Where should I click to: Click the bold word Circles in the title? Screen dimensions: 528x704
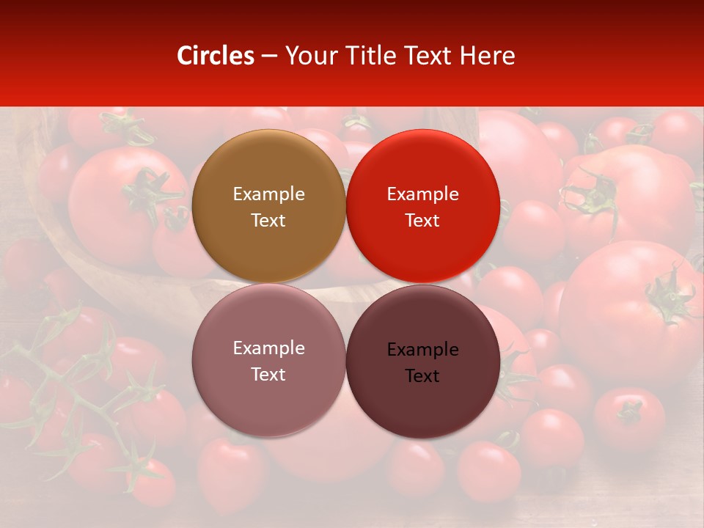coord(216,56)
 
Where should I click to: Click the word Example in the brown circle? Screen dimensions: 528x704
coord(268,194)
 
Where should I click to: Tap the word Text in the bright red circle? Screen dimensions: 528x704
coord(422,221)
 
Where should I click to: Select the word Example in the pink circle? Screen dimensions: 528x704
coord(268,348)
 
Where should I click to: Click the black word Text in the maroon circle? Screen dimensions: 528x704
coord(422,376)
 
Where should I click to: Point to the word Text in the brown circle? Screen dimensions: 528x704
coord(268,221)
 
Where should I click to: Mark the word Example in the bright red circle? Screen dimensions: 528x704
coord(422,194)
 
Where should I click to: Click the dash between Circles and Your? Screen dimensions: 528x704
coord(268,56)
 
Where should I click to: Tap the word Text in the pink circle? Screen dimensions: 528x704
coord(268,375)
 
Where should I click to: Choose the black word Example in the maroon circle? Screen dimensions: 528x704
coord(422,350)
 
